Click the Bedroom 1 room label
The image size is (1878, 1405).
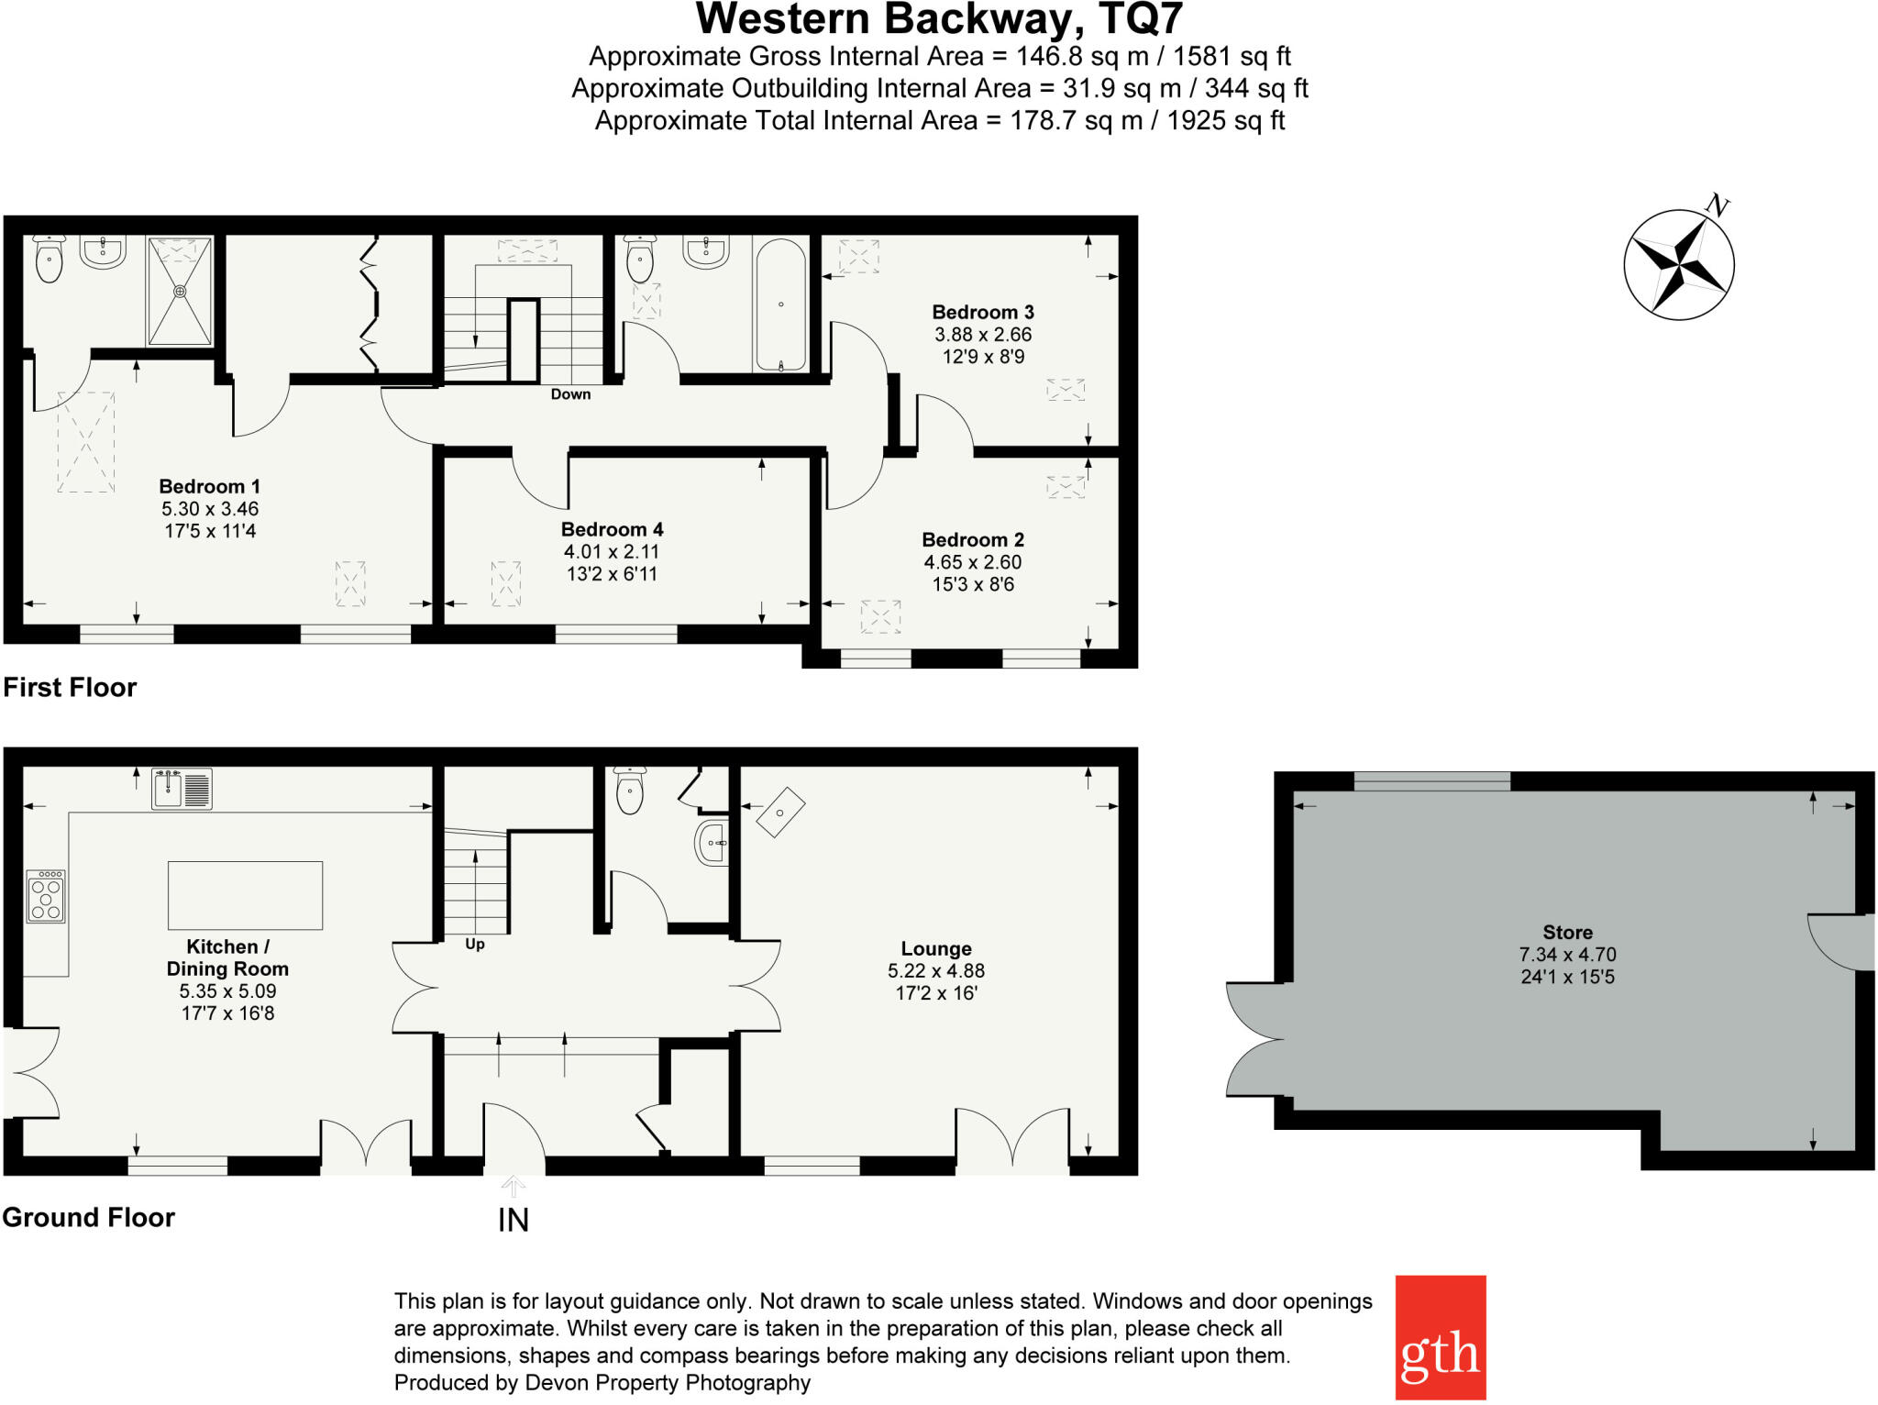[x=209, y=487]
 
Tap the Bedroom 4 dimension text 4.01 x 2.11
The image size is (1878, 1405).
[x=612, y=552]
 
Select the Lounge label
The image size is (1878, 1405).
[x=935, y=949]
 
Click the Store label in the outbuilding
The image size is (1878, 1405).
[x=1567, y=933]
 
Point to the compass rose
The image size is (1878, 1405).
[x=1679, y=265]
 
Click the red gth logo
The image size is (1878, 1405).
[x=1440, y=1337]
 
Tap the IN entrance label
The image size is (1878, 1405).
[x=514, y=1221]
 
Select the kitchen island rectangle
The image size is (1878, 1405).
[x=245, y=895]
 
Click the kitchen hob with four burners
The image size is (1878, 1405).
[x=46, y=896]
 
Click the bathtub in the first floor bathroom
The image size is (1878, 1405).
[x=780, y=305]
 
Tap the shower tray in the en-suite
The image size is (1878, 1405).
[x=180, y=291]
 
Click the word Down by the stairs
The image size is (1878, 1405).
[x=570, y=394]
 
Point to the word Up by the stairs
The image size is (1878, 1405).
[x=475, y=945]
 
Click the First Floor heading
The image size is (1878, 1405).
[x=70, y=688]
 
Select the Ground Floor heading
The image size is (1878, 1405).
[x=88, y=1218]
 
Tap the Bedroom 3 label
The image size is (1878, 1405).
[x=983, y=313]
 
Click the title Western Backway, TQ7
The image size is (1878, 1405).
[x=939, y=19]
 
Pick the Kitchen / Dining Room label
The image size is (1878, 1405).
[x=227, y=957]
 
